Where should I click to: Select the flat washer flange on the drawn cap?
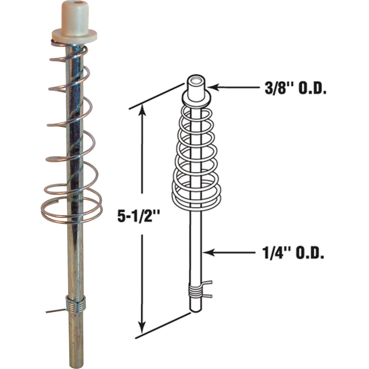[196, 98]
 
